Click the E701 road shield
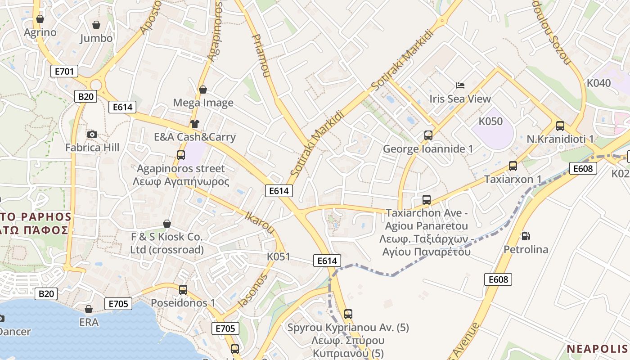coord(64,71)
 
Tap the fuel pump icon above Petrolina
coord(525,236)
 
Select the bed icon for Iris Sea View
coord(460,85)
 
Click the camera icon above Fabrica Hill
coord(92,134)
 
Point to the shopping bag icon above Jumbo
coord(96,24)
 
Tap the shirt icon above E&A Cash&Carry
coord(194,124)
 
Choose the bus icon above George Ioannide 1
coord(428,135)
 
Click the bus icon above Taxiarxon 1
coord(513,166)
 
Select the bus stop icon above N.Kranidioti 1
coord(560,126)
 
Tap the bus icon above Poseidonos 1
coord(183,289)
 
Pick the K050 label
coord(490,121)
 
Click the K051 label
coord(279,256)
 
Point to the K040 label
coord(599,83)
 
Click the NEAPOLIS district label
coord(597,349)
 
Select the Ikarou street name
coord(259,222)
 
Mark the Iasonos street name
coord(252,290)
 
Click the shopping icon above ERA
coord(89,309)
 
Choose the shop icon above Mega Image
coord(203,90)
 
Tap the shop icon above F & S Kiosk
coord(167,224)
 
